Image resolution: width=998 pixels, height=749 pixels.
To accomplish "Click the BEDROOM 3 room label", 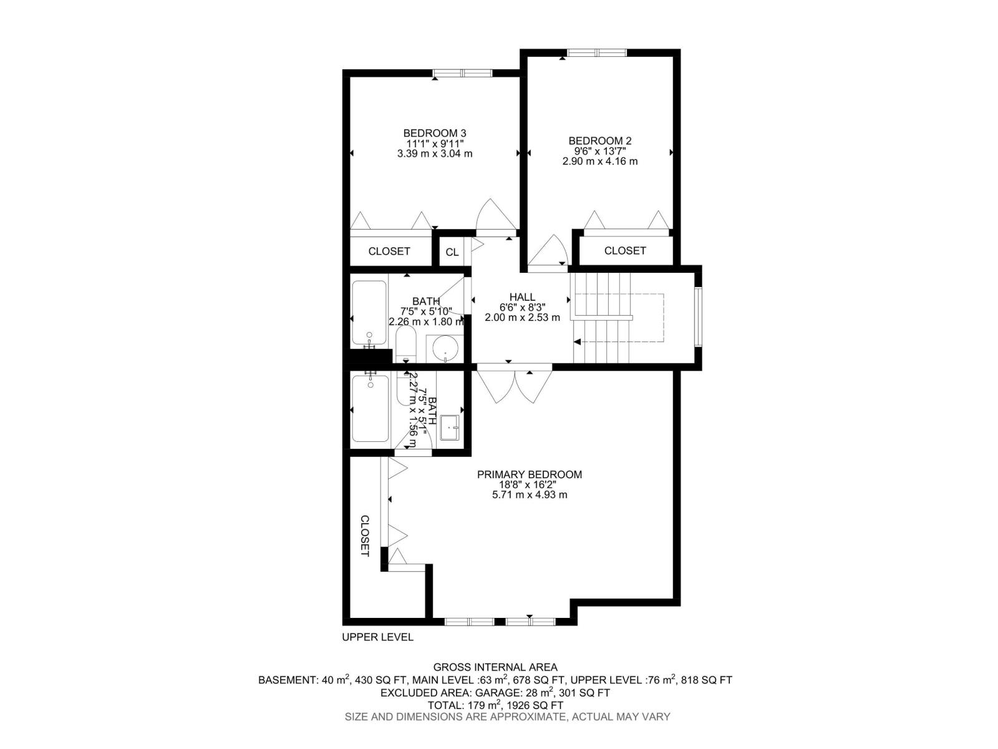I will click(434, 133).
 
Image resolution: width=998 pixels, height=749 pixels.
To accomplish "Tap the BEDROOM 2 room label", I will click(599, 141).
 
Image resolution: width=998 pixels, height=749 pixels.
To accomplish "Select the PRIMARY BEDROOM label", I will click(530, 474).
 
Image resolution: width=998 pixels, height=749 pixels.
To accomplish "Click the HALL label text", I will click(522, 297).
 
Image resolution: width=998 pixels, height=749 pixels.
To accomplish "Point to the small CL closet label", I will click(452, 252).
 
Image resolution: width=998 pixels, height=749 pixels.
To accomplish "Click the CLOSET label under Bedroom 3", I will click(389, 251).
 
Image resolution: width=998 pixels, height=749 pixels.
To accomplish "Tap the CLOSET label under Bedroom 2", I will click(625, 250).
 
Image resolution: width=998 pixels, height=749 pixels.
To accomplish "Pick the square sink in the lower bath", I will click(450, 428).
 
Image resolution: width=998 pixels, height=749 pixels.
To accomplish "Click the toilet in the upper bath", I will click(405, 345).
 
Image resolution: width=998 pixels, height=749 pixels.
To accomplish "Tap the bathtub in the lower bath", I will click(371, 409).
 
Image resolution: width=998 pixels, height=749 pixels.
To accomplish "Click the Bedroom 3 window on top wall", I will click(462, 73).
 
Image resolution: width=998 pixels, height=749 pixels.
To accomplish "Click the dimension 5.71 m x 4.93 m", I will click(530, 495).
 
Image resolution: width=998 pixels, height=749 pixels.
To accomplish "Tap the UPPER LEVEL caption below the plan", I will click(377, 637).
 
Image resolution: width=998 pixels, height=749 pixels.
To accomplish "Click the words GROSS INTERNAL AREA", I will click(495, 667).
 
